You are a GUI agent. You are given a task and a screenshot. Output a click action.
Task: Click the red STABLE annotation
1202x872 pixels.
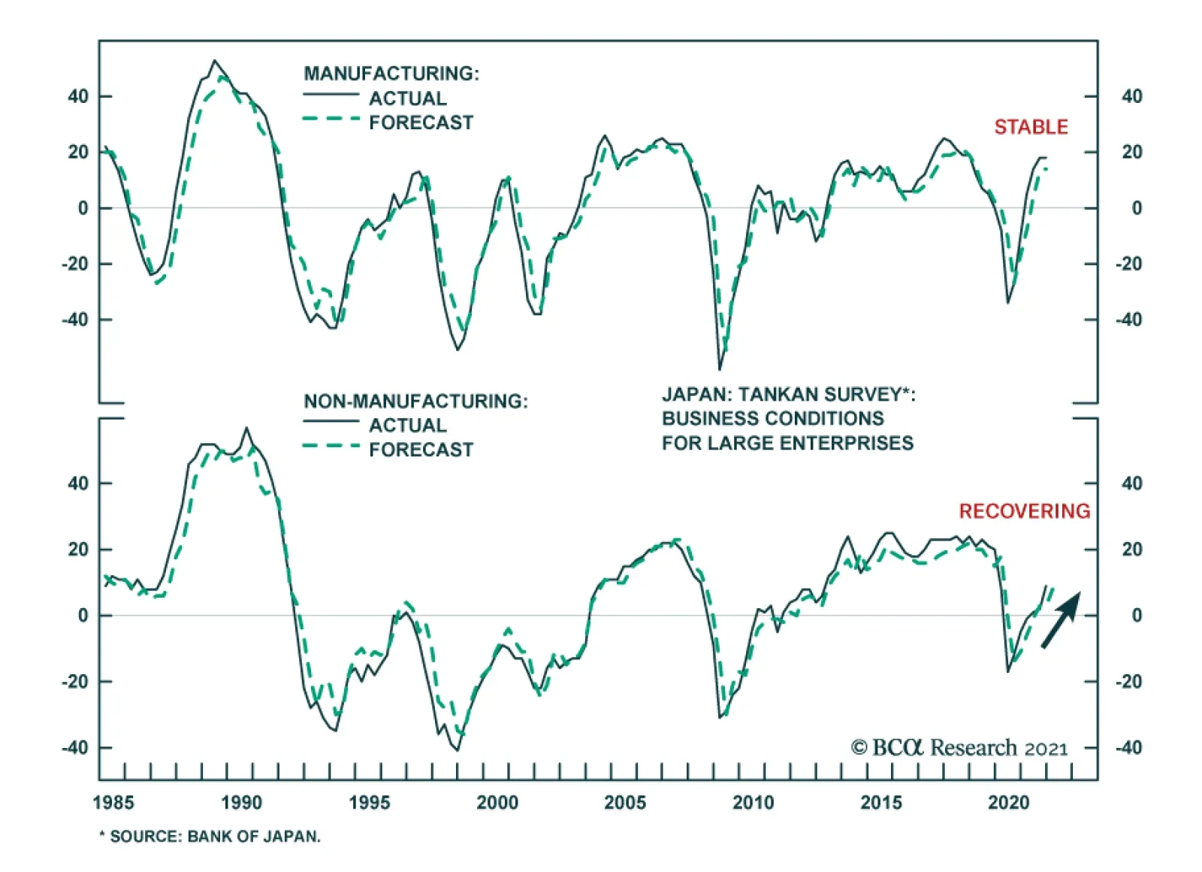pyautogui.click(x=1031, y=127)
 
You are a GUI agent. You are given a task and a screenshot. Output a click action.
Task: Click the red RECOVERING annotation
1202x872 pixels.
pyautogui.click(x=1024, y=511)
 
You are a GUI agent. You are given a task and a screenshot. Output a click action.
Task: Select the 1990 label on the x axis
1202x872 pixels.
pyautogui.click(x=241, y=803)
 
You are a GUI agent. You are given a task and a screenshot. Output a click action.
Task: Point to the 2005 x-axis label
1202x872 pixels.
pyautogui.click(x=625, y=803)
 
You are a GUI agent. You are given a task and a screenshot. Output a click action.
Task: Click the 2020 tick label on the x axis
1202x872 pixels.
pyautogui.click(x=1008, y=803)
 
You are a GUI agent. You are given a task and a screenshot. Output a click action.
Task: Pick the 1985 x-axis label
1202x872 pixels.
pyautogui.click(x=113, y=803)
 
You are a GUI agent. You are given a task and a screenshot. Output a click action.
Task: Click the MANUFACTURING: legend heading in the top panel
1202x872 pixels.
pyautogui.click(x=391, y=74)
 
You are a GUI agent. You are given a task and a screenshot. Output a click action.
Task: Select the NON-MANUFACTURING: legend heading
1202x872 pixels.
pyautogui.click(x=415, y=401)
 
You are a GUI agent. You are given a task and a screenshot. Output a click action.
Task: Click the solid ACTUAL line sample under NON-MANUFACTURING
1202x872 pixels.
pyautogui.click(x=331, y=422)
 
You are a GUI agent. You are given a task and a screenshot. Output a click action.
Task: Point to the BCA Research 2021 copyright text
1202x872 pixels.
pyautogui.click(x=959, y=748)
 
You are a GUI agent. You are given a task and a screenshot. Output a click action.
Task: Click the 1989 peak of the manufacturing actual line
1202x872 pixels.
pyautogui.click(x=215, y=60)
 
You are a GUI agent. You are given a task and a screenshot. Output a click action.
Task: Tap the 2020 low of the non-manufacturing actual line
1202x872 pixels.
pyautogui.click(x=1008, y=671)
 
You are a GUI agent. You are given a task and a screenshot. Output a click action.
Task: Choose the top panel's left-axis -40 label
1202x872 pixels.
pyautogui.click(x=75, y=320)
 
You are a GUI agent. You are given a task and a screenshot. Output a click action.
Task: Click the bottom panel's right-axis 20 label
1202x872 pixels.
pyautogui.click(x=1131, y=550)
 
